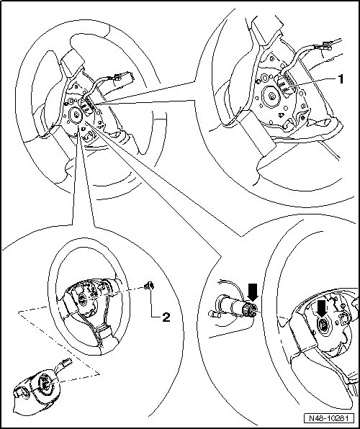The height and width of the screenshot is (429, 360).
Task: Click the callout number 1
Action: pyautogui.click(x=341, y=79)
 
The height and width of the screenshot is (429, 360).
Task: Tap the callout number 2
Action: pyautogui.click(x=166, y=317)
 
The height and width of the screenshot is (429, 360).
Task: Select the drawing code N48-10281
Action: pyautogui.click(x=328, y=418)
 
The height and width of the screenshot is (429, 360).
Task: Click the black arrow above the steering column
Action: pyautogui.click(x=252, y=292)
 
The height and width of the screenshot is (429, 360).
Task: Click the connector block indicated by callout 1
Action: pyautogui.click(x=284, y=86)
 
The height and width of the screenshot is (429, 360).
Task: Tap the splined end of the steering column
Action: pyautogui.click(x=251, y=309)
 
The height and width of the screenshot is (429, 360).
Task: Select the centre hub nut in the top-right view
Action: pyautogui.click(x=272, y=96)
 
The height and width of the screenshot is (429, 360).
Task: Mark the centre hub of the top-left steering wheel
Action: pyautogui.click(x=75, y=114)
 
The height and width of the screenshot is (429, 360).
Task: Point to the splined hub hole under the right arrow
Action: pyautogui.click(x=323, y=325)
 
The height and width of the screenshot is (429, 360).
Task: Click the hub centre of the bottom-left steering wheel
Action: pyautogui.click(x=82, y=299)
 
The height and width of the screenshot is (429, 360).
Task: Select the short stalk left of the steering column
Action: pyautogui.click(x=214, y=314)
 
